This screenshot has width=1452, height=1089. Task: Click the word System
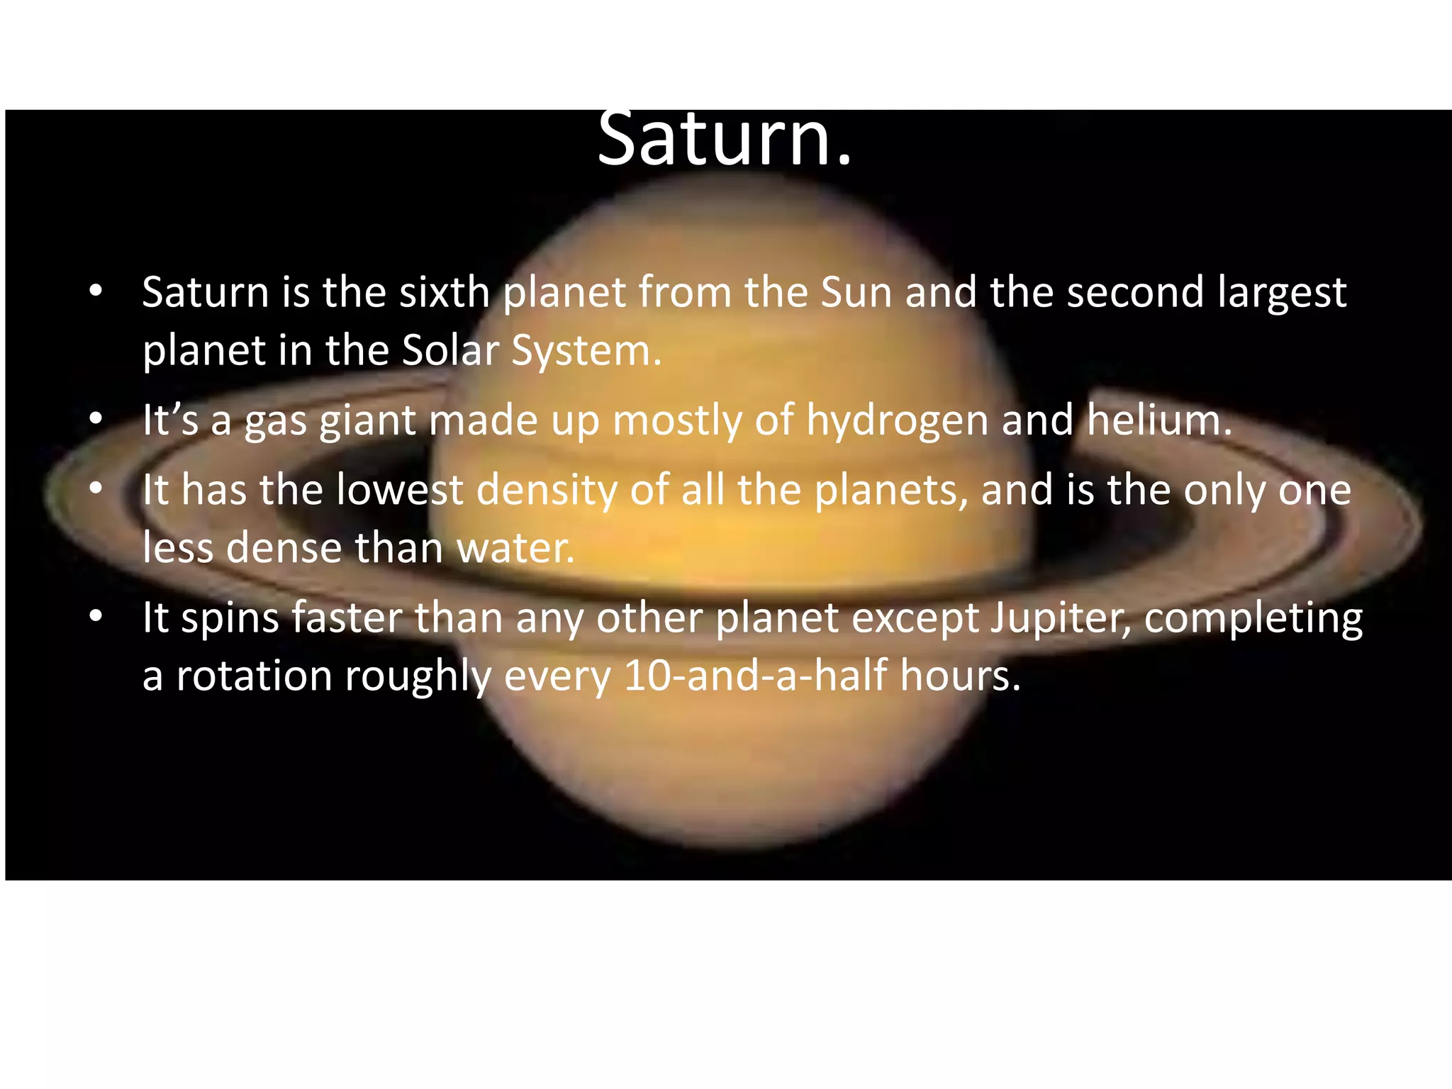tap(586, 352)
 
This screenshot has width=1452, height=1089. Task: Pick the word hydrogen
tap(897, 421)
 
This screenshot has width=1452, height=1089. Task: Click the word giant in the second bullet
tap(367, 421)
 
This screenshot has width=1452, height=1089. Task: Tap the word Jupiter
tap(1060, 618)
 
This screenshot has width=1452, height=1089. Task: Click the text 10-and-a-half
tap(755, 675)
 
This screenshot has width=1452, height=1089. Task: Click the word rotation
tap(254, 676)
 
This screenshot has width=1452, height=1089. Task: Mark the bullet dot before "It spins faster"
tap(96, 617)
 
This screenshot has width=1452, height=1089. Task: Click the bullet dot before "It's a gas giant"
tap(96, 419)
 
